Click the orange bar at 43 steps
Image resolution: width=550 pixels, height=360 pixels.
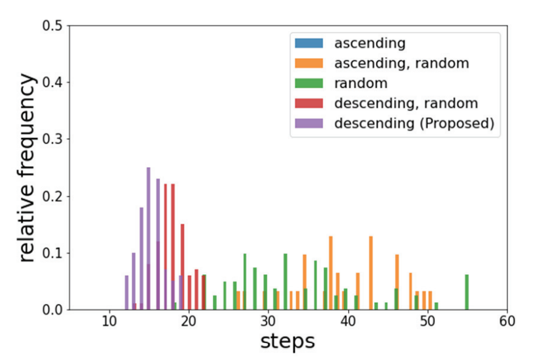pos(371,272)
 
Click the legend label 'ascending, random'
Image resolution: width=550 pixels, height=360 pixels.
pos(402,63)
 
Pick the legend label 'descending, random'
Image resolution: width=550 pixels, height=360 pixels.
pos(406,103)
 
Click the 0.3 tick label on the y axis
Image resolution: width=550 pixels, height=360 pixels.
pos(53,139)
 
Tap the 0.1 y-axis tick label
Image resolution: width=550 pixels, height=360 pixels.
pos(53,253)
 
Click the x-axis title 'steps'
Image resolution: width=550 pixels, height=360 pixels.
pos(288,342)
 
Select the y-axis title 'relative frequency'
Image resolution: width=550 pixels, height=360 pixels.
pos(27,168)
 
